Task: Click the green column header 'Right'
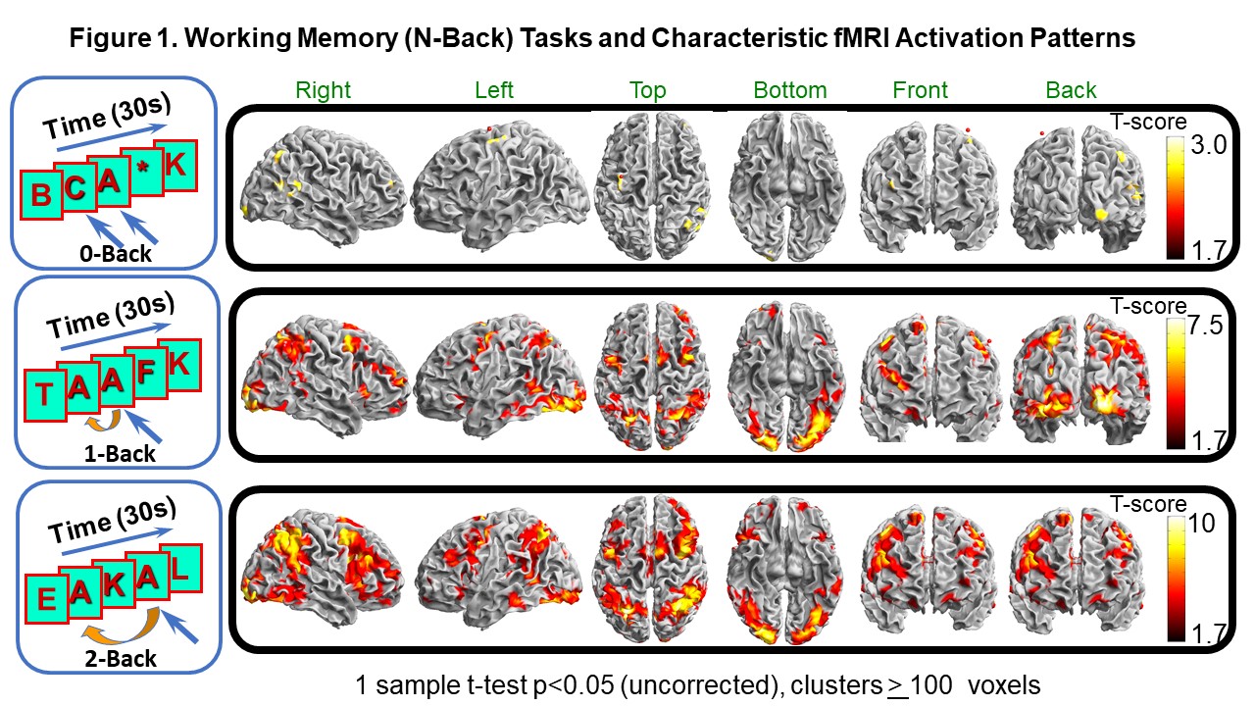[324, 91]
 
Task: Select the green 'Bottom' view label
[790, 91]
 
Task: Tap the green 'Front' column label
[920, 91]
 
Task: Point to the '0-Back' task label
[116, 254]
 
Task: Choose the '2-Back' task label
[119, 658]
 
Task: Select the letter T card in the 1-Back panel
[44, 393]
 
